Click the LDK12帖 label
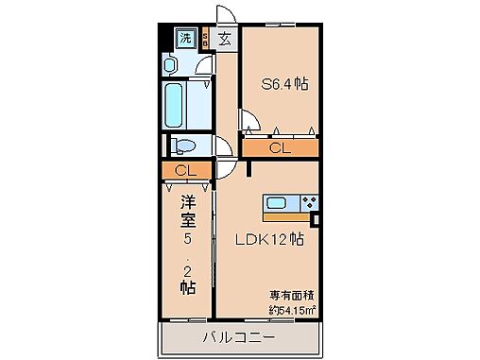(x=270, y=239)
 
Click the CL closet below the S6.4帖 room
(x=279, y=147)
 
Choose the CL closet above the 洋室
(x=185, y=171)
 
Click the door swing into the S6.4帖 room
(x=249, y=122)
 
